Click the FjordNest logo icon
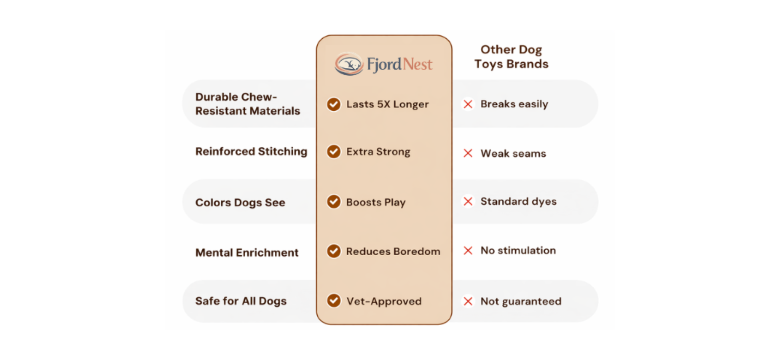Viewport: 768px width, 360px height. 349,64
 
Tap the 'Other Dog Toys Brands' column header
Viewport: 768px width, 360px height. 511,57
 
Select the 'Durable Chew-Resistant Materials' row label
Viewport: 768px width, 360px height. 248,104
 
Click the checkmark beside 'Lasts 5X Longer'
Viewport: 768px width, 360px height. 334,104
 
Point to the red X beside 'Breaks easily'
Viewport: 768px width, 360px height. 468,104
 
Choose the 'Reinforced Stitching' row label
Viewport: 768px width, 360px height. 251,152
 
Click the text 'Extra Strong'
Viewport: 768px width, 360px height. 378,152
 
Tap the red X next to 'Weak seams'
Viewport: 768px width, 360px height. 468,153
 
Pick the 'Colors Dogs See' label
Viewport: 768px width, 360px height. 240,203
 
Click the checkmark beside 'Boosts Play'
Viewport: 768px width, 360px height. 334,202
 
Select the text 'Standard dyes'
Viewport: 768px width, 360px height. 518,202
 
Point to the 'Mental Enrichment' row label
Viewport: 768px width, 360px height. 247,253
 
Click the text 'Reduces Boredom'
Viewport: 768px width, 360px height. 393,251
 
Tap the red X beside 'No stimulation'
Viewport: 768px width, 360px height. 468,250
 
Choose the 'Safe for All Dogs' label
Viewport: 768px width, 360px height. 241,301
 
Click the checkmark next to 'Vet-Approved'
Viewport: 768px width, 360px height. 334,300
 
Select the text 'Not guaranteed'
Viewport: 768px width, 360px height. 521,302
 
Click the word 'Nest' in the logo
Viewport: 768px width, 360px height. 417,64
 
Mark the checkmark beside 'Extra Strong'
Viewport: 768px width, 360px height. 334,152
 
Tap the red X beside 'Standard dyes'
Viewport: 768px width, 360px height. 468,201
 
